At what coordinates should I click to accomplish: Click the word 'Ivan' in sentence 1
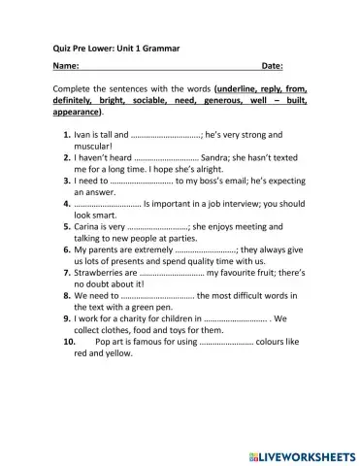coord(84,134)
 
